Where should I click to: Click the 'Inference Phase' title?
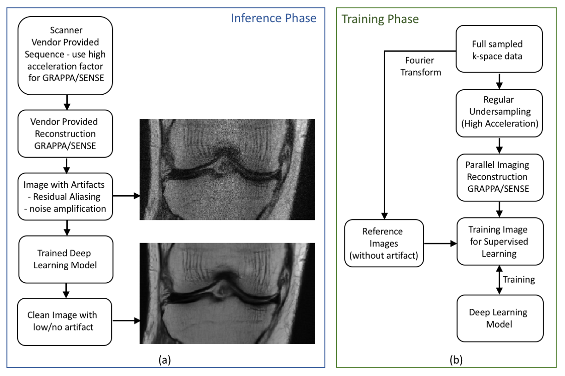pos(273,18)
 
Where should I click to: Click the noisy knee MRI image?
pos(227,169)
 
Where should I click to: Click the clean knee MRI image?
pos(227,293)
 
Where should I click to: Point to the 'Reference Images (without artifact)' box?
pos(383,243)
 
